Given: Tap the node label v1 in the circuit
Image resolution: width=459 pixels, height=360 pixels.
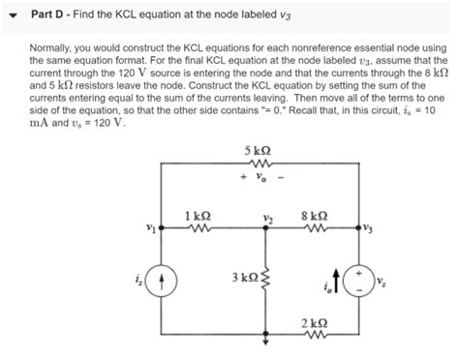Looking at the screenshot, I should [151, 228].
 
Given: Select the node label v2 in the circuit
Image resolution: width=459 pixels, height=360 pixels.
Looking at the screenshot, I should [260, 216].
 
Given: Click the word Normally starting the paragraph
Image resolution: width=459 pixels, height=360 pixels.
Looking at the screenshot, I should [54, 45].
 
